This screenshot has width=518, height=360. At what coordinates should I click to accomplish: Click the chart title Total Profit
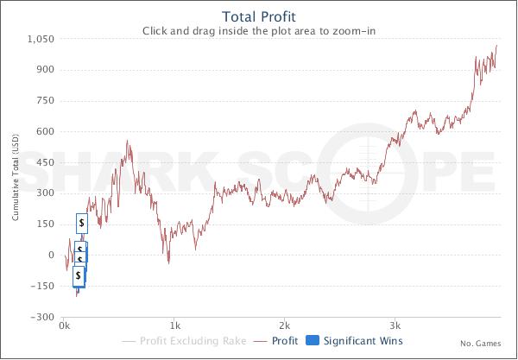(x=259, y=16)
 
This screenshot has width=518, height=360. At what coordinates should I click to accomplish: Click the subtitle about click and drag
(x=259, y=31)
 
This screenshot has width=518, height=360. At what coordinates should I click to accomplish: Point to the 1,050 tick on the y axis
(x=41, y=39)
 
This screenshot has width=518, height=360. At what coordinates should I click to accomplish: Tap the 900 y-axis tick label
(x=45, y=70)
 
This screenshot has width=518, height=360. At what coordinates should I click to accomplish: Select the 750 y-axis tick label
(x=45, y=101)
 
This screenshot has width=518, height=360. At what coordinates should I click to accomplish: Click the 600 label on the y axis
(x=45, y=132)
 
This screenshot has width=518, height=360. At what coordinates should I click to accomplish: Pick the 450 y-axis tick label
(x=45, y=162)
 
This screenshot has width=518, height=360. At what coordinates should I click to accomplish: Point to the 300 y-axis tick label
(x=45, y=193)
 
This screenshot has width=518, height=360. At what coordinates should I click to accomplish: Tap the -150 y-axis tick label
(x=43, y=286)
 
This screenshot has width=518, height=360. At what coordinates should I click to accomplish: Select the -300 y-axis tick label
(x=43, y=317)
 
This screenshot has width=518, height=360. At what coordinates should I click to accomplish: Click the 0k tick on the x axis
(x=64, y=327)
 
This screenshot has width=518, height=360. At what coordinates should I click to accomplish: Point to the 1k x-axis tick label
(x=175, y=327)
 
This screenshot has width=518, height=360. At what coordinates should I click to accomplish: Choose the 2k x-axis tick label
(x=286, y=327)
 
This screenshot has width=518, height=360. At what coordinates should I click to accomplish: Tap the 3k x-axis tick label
(x=396, y=327)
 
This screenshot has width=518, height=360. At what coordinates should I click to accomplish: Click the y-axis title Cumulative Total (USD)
(x=16, y=177)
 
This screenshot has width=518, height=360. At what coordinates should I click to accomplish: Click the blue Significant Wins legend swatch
(x=313, y=341)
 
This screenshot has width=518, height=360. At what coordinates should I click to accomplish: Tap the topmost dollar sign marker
(x=82, y=223)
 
